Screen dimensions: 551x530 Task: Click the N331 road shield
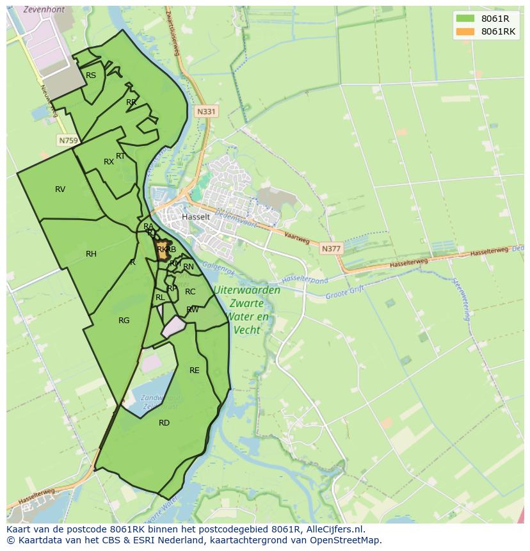(x=207, y=111)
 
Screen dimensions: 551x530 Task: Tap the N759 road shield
(x=67, y=140)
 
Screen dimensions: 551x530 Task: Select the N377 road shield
(x=332, y=248)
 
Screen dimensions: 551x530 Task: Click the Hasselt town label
(x=196, y=217)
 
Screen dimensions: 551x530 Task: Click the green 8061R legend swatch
(x=465, y=19)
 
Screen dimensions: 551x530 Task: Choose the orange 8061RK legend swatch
(x=465, y=31)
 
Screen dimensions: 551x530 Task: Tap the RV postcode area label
(x=60, y=189)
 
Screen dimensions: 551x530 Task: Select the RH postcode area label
(x=91, y=254)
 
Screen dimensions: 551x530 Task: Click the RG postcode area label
(x=124, y=320)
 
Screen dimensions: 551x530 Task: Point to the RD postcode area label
(x=164, y=422)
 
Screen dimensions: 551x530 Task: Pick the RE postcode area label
(x=195, y=370)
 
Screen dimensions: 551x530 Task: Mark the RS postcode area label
(x=91, y=76)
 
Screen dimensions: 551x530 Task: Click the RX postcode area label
(x=109, y=162)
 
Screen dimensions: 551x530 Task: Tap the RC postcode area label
(x=190, y=292)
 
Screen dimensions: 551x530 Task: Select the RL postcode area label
(x=160, y=298)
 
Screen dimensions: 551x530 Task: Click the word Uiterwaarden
(x=247, y=290)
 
